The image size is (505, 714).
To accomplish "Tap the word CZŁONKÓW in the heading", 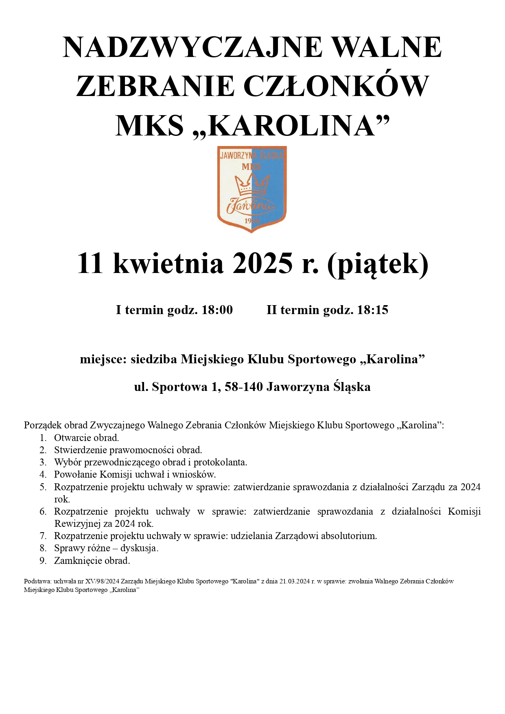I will [x=336, y=86].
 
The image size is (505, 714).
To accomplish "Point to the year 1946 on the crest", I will [x=252, y=221].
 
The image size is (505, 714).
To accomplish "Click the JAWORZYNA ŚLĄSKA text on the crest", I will [x=252, y=155].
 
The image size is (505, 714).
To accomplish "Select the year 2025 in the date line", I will [x=262, y=264].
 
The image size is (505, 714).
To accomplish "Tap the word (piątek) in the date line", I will [x=378, y=264].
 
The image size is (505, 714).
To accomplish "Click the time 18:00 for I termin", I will [x=217, y=310].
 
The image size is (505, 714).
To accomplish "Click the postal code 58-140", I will [x=244, y=386].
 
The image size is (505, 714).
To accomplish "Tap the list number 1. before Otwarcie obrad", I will [x=43, y=438].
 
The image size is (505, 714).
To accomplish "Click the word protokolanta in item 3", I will [x=220, y=463].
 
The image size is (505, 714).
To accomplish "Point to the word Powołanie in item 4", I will [x=75, y=475].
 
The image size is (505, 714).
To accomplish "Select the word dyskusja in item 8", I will [x=138, y=548].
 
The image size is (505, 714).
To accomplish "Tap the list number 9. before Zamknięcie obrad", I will [x=43, y=561].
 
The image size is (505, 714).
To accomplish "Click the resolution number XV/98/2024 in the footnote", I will [x=102, y=581].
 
